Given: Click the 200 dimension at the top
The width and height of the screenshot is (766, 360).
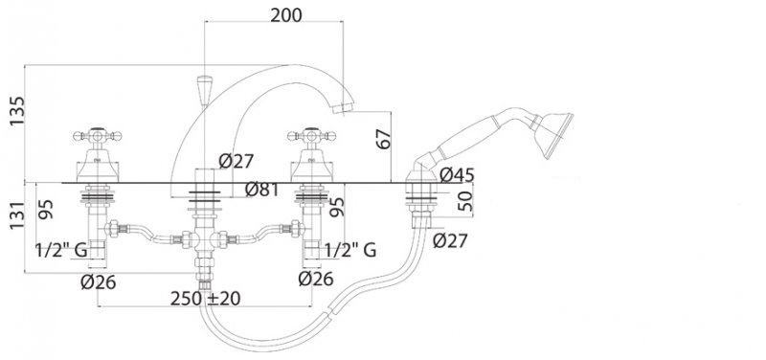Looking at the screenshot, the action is [x=286, y=15].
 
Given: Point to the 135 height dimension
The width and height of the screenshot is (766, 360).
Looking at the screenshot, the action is [x=17, y=111].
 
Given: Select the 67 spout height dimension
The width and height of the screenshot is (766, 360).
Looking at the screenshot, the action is [x=385, y=139].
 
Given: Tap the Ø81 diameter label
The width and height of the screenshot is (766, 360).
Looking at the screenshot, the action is [x=261, y=190].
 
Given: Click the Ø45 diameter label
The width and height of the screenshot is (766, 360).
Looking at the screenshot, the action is [x=457, y=174].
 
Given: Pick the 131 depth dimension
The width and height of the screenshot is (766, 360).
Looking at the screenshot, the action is [x=17, y=215].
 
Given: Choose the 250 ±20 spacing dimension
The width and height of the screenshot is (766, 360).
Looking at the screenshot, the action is [x=205, y=299].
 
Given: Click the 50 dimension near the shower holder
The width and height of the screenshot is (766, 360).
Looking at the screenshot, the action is [x=466, y=201].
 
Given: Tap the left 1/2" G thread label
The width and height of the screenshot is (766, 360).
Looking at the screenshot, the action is [x=61, y=251].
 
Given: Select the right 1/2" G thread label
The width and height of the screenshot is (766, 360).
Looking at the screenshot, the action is [x=350, y=251].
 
